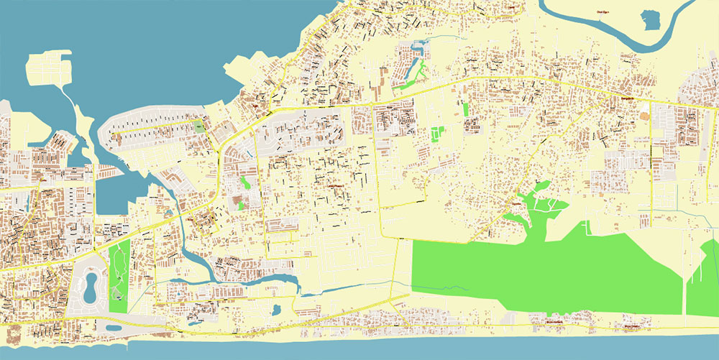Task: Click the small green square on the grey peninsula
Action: pos(199,127)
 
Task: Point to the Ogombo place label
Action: pos(515,204)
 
